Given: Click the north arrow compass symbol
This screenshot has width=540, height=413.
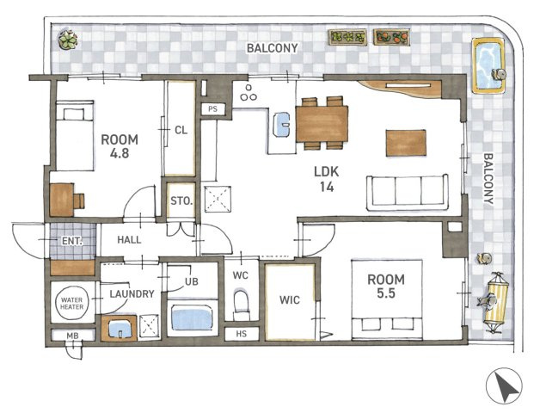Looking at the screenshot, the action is [504, 385].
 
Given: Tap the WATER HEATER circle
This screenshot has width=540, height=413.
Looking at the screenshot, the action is [72, 303].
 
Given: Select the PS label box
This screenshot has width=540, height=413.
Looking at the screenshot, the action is [213, 109].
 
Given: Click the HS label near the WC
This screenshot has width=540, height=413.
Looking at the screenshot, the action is [242, 334].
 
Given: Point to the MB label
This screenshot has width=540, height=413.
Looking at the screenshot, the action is [72, 336].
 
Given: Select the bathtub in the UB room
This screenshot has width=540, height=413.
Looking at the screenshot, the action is [192, 319].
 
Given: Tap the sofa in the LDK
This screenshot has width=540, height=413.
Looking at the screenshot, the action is [408, 192].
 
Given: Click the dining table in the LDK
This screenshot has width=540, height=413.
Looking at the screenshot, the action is [322, 124].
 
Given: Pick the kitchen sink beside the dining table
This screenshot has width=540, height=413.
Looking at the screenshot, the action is [281, 125].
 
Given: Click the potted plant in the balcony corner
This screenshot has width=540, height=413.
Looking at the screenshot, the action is [68, 40].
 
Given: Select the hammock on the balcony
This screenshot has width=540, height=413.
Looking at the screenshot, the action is [496, 302].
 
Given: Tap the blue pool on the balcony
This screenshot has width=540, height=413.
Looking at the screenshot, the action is [488, 66].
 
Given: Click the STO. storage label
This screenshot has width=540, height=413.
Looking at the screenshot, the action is [181, 200].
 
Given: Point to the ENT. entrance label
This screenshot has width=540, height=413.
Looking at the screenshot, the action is [72, 241].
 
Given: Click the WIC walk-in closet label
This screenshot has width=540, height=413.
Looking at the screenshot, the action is [290, 300].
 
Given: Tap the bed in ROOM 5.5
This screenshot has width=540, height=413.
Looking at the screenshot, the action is [387, 300].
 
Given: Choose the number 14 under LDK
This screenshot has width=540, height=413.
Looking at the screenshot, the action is [327, 187].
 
